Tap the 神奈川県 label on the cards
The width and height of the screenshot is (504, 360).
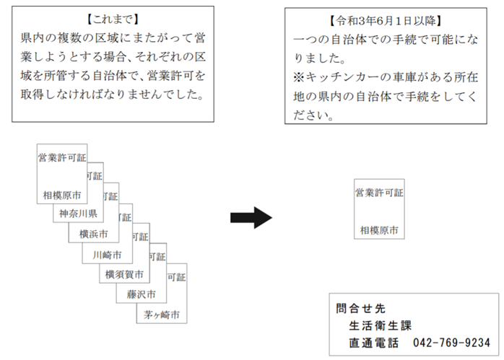coord(78,214)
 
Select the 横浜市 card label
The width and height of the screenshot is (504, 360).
coord(94,234)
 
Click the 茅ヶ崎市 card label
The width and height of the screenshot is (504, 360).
coord(160,315)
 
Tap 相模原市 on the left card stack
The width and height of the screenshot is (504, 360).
coord(62,195)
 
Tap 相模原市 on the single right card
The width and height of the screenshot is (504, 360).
coord(379,230)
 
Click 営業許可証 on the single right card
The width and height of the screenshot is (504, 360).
coord(379,193)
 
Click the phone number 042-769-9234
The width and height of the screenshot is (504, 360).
coord(452,342)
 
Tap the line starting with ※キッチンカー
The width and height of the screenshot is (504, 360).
coord(386,76)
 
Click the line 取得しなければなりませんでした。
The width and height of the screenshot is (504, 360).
coord(111,95)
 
